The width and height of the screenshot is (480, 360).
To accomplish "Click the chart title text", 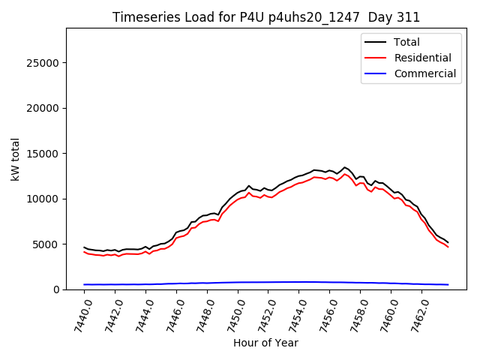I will (266, 17).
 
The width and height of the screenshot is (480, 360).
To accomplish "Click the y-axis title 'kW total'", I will (16, 159).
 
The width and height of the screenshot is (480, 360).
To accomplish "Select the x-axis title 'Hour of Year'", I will (265, 343).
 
